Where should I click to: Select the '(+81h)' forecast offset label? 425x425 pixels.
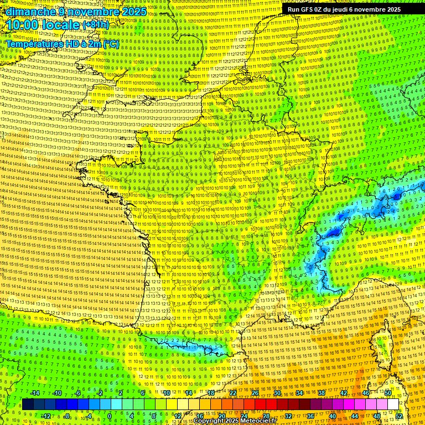(x=96, y=25)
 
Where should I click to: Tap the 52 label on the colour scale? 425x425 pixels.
(x=399, y=416)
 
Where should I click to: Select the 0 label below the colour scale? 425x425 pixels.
(x=109, y=416)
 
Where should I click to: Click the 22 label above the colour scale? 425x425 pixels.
(x=233, y=393)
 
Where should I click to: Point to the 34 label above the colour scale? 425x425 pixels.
(x=299, y=393)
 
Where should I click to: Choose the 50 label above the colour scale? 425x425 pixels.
(x=388, y=393)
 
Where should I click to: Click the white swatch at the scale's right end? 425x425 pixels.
(x=393, y=405)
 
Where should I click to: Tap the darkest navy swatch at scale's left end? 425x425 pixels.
(x=28, y=405)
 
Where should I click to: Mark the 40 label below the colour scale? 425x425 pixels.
(x=333, y=416)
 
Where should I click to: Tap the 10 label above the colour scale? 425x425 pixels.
(x=167, y=393)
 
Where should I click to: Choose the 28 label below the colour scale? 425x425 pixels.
(x=266, y=416)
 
